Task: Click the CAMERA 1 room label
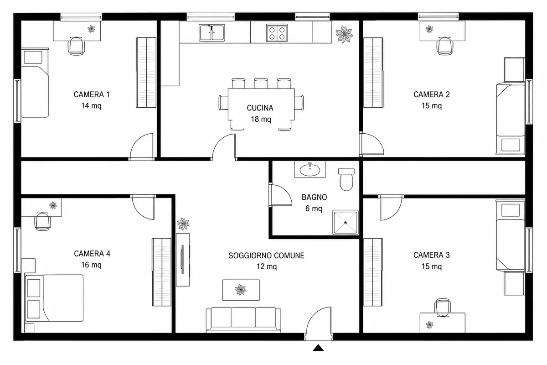click(x=92, y=94)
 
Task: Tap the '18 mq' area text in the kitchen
click(x=261, y=119)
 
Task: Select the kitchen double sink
click(x=212, y=33)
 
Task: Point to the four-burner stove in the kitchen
click(x=277, y=33)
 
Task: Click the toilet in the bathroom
click(x=346, y=179)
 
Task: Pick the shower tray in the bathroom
click(x=346, y=223)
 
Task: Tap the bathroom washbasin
click(x=310, y=169)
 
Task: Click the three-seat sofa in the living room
click(x=243, y=320)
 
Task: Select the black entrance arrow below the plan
click(x=318, y=348)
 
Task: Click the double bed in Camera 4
click(x=54, y=298)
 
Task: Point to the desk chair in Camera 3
click(x=442, y=308)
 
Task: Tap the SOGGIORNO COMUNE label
click(x=266, y=255)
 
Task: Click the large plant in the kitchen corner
click(x=344, y=35)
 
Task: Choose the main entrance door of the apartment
click(x=319, y=323)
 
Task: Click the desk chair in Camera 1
click(x=76, y=46)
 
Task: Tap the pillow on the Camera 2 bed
click(x=511, y=145)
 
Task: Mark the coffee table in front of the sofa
click(x=241, y=290)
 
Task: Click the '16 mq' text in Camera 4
click(x=91, y=265)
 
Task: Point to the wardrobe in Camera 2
click(x=373, y=73)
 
